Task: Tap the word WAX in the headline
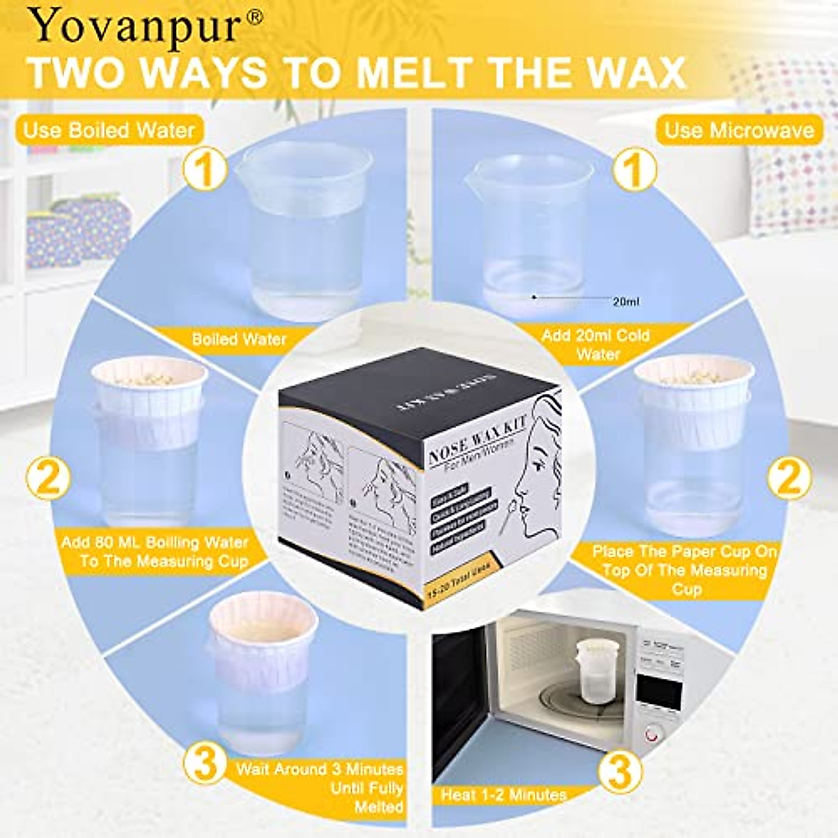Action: [608, 73]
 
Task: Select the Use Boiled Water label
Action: [109, 131]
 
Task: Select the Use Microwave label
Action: [739, 131]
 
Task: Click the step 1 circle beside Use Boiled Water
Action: [205, 169]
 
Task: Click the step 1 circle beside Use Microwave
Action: [634, 169]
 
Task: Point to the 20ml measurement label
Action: [626, 302]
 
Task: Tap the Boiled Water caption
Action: [240, 339]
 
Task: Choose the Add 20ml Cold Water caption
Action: [595, 344]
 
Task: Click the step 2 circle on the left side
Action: [48, 479]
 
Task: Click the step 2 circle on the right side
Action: [789, 479]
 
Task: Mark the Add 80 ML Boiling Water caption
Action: [155, 552]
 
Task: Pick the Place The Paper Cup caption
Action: [684, 570]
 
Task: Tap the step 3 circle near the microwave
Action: [619, 772]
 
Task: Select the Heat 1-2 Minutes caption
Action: [503, 795]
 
